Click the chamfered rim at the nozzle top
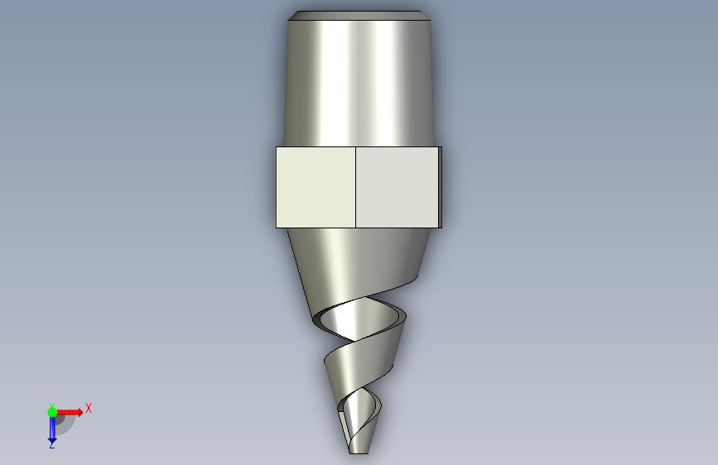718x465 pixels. [359, 16]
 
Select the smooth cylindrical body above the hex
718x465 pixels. [359, 84]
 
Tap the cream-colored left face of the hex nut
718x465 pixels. [316, 187]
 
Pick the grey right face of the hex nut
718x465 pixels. [397, 187]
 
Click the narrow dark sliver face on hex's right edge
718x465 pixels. [440, 187]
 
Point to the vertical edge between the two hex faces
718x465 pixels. [356, 187]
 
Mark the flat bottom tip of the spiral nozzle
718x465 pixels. [359, 453]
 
